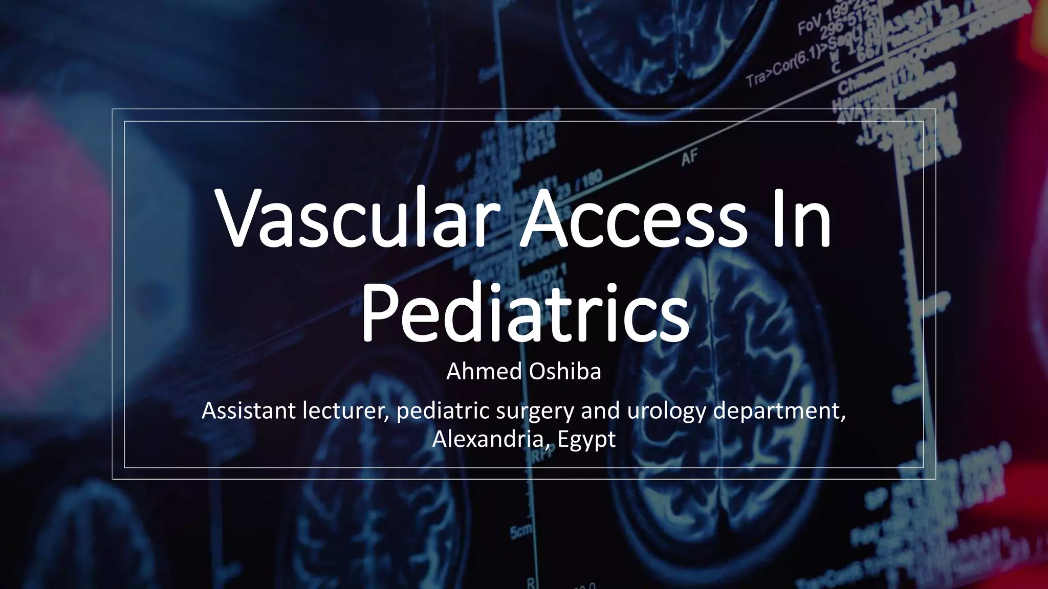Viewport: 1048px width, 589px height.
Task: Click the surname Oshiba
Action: coord(565,372)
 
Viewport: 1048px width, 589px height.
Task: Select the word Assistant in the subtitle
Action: coord(249,411)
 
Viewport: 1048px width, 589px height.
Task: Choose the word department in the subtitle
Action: coord(778,411)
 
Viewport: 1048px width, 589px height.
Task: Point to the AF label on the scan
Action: coord(689,157)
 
